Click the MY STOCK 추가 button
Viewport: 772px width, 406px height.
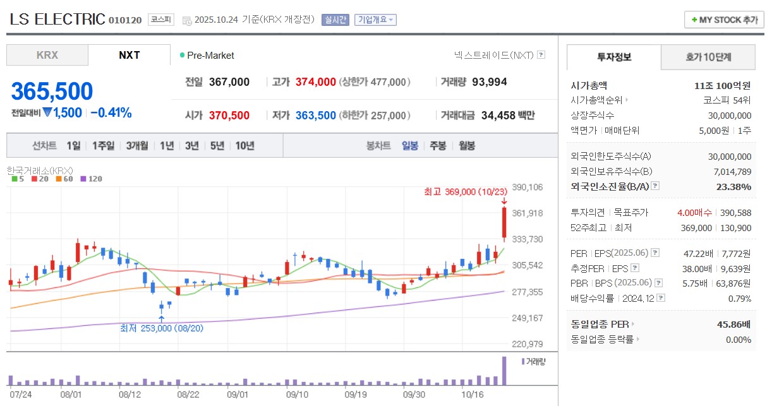[x=723, y=20]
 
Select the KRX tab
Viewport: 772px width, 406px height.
[x=47, y=55]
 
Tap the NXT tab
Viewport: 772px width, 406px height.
[x=130, y=55]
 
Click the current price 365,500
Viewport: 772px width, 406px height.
[x=52, y=92]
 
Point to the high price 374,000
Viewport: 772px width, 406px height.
[x=316, y=81]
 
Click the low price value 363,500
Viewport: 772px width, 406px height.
[x=316, y=116]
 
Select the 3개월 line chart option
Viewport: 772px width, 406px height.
[x=136, y=146]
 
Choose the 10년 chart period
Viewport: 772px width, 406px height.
[x=244, y=146]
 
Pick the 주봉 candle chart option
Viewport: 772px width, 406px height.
[x=438, y=146]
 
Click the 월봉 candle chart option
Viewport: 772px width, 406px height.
[x=467, y=146]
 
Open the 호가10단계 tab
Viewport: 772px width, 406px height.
[x=708, y=57]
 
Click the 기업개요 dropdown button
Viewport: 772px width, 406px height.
[x=375, y=20]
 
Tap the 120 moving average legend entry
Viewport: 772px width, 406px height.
[x=92, y=179]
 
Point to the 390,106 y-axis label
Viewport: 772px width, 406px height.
[x=528, y=187]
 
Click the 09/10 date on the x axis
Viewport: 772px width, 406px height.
[x=297, y=394]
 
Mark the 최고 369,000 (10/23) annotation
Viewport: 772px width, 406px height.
[x=466, y=191]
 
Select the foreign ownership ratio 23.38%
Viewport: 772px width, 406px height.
[x=734, y=186]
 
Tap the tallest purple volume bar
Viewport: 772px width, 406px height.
[x=504, y=371]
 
